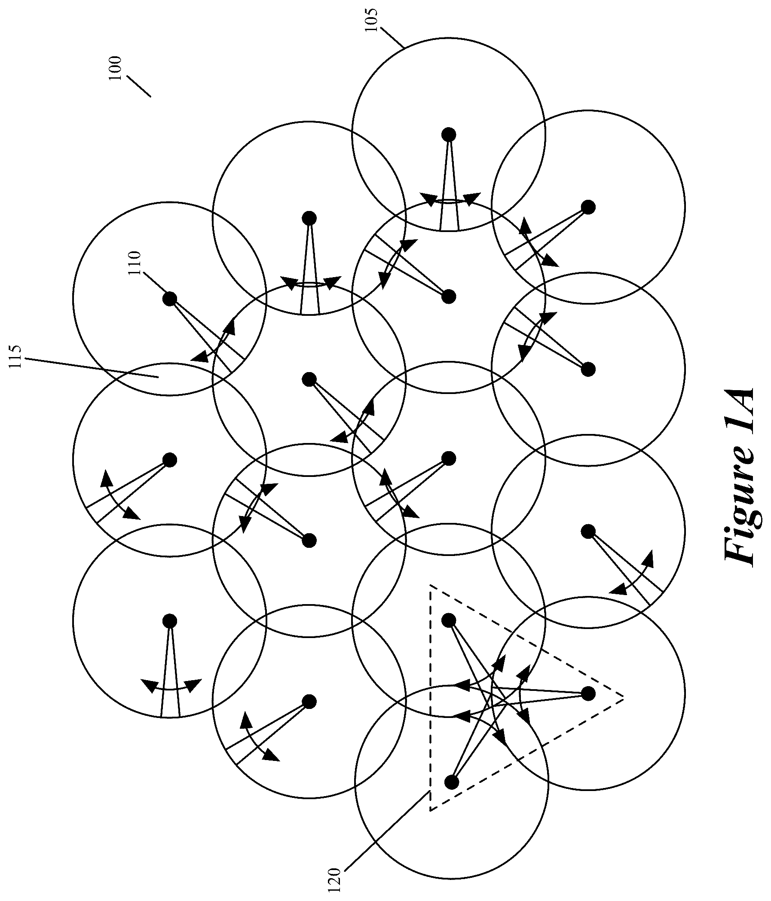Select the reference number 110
click(136, 263)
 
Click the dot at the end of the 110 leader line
click(170, 298)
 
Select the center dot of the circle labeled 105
click(448, 134)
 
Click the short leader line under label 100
click(139, 86)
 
